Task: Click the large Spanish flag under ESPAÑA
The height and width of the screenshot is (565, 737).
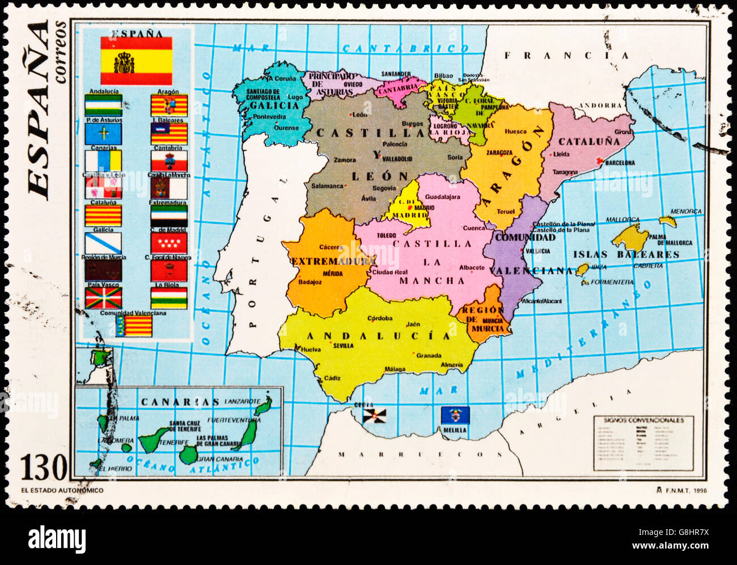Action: point(136,61)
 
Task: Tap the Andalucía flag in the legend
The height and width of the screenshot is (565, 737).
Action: point(103,106)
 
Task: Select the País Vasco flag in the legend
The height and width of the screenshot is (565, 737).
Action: point(103,297)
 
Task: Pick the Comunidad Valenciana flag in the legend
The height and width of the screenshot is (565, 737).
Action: point(134,326)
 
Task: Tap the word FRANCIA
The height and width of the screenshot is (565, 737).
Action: point(566,56)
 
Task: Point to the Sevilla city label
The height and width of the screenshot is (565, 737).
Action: point(343,345)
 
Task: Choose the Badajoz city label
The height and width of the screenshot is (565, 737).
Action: point(310,281)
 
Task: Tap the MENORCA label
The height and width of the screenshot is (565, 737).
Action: point(685,212)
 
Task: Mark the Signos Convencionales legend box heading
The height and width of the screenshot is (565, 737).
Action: point(643,420)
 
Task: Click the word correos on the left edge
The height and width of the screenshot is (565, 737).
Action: point(60,53)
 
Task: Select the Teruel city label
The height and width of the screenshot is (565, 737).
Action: point(506,212)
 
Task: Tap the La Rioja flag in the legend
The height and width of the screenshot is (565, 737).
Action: point(168,297)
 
